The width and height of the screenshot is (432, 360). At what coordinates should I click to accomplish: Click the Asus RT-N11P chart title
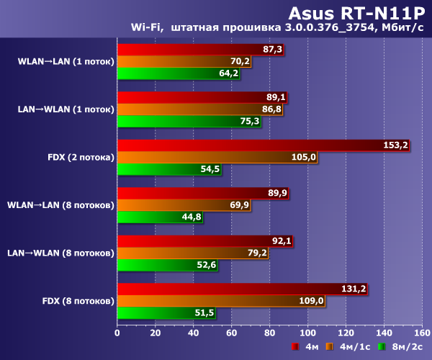356,12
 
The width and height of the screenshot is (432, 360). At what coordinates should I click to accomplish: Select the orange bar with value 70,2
184,61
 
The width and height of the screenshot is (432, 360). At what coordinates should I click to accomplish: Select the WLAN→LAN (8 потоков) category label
60,205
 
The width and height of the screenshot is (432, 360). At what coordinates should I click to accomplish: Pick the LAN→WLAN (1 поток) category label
66,109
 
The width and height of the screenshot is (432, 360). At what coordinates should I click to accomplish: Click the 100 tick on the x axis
307,333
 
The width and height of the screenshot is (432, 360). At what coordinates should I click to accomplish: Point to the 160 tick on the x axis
422,333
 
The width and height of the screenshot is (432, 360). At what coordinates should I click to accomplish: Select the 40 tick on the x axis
193,333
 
